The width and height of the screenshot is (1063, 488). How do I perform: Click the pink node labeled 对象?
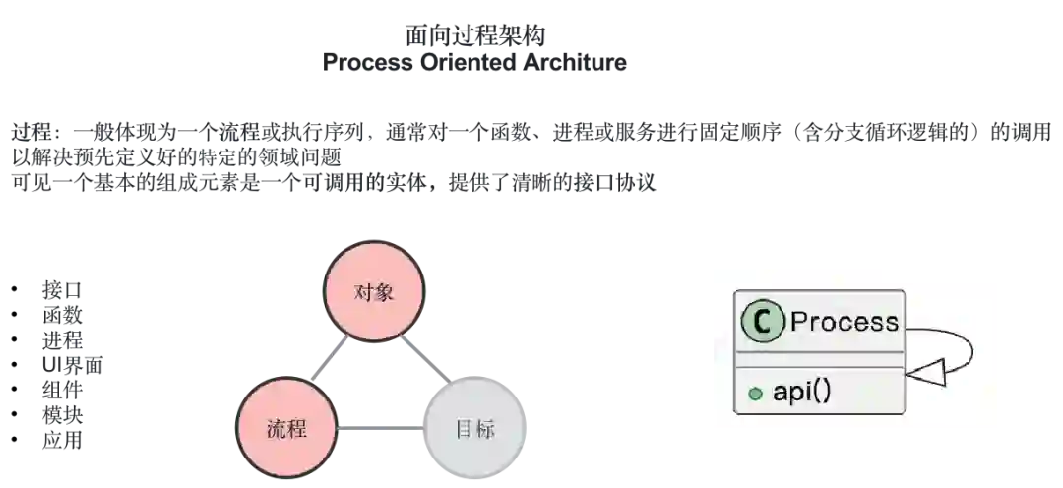point(374,292)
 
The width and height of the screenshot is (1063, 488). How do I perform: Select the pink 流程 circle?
point(286,429)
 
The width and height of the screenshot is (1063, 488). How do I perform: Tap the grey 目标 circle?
point(475,429)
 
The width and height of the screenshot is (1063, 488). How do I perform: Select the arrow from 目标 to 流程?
point(379,429)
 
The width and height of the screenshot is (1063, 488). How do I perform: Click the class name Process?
point(844,322)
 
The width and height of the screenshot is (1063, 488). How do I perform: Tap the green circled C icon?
point(762,322)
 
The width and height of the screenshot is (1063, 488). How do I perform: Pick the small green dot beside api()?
point(755,394)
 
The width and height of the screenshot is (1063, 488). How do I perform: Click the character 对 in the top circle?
point(363,292)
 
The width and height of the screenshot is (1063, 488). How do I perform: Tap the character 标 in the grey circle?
point(485,429)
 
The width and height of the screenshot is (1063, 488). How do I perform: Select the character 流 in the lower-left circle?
point(277,429)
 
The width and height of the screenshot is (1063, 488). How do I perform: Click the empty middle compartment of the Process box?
point(819,359)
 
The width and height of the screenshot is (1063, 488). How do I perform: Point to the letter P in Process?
point(798,322)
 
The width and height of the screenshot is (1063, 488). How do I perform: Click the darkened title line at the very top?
point(476,33)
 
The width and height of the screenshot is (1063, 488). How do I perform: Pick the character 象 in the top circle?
point(385,292)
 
